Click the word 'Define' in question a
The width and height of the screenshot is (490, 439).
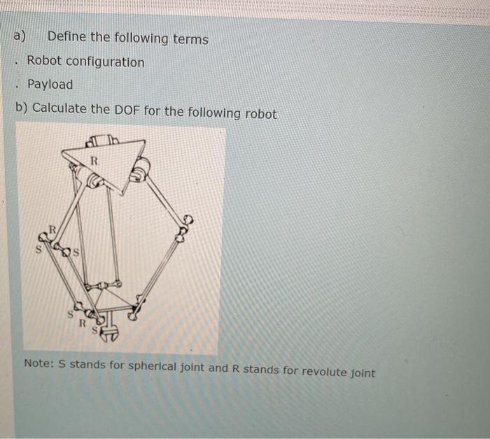pyautogui.click(x=66, y=37)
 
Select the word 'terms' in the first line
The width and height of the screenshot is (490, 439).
pyautogui.click(x=190, y=40)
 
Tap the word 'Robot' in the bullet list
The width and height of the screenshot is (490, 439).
pyautogui.click(x=44, y=61)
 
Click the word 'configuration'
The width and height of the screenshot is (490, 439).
pyautogui.click(x=105, y=62)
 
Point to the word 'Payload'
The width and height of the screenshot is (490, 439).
pyautogui.click(x=50, y=85)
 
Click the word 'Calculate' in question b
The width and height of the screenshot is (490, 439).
pyautogui.click(x=59, y=108)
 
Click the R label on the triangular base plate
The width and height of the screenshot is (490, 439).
pyautogui.click(x=94, y=161)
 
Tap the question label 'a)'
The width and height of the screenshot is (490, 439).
pyautogui.click(x=20, y=36)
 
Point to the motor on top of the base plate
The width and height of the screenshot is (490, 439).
pyautogui.click(x=102, y=141)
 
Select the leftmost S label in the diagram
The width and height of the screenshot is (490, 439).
pyautogui.click(x=38, y=250)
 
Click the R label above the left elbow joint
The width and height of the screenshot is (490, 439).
pyautogui.click(x=52, y=230)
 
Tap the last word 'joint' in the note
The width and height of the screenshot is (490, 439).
pyautogui.click(x=363, y=373)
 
